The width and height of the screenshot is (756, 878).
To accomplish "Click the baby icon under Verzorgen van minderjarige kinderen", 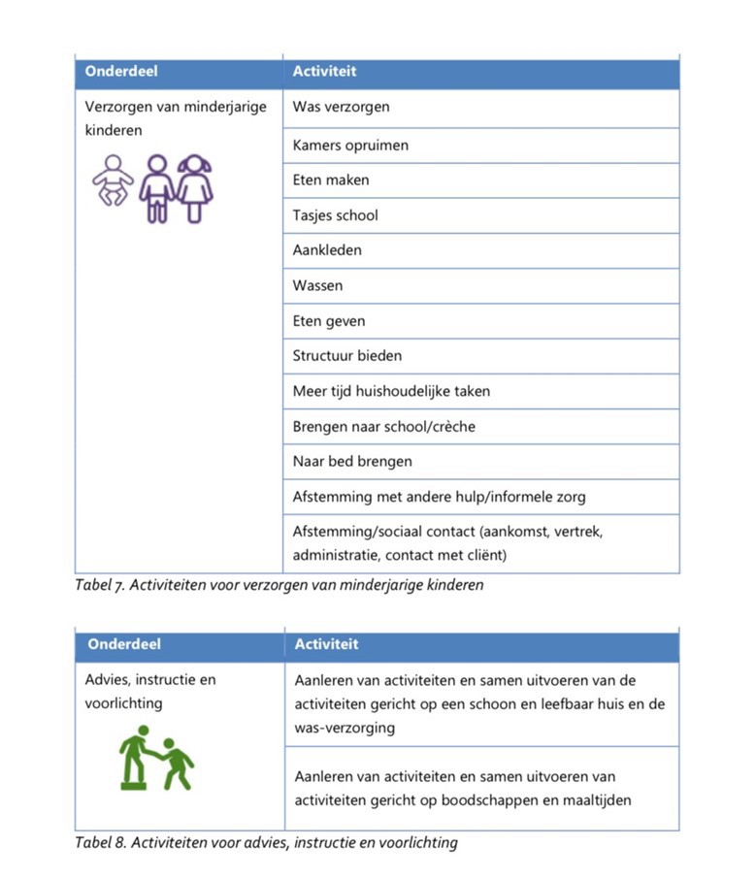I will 113,180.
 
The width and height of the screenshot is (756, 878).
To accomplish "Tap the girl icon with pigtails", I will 196,188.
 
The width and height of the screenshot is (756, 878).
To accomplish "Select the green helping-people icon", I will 156,758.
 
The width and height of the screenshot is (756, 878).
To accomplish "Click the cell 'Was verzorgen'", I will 341,107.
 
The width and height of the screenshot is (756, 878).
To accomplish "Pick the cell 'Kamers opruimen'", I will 350,146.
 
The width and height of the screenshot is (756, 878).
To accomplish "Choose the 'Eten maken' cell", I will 331,180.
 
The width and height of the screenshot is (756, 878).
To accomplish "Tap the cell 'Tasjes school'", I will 335,215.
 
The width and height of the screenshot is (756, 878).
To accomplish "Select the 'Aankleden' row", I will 327,250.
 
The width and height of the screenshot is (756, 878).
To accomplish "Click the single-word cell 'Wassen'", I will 317,286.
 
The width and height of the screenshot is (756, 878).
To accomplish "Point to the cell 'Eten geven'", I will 329,321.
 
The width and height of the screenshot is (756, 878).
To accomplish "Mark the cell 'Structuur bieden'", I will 346,356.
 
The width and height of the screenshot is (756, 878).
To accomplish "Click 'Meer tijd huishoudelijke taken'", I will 391,391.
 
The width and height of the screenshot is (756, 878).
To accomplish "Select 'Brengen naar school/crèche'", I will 383,427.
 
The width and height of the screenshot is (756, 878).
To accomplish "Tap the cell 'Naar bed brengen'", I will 352,462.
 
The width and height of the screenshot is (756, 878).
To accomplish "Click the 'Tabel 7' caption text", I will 279,585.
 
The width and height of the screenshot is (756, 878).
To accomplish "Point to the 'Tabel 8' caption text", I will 266,842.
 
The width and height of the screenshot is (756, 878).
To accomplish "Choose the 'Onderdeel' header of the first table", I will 121,71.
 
